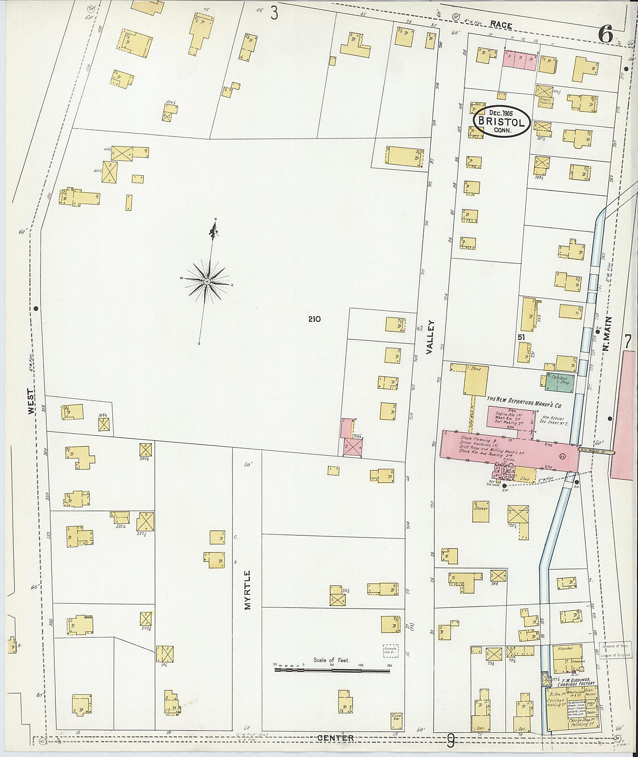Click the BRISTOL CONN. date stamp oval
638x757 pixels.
click(x=501, y=121)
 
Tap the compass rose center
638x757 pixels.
click(x=207, y=281)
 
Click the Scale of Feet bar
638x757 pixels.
click(x=332, y=671)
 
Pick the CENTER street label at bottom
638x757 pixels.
click(x=336, y=738)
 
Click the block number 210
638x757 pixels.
click(x=315, y=319)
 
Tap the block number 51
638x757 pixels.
click(x=521, y=337)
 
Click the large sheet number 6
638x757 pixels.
click(x=605, y=34)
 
